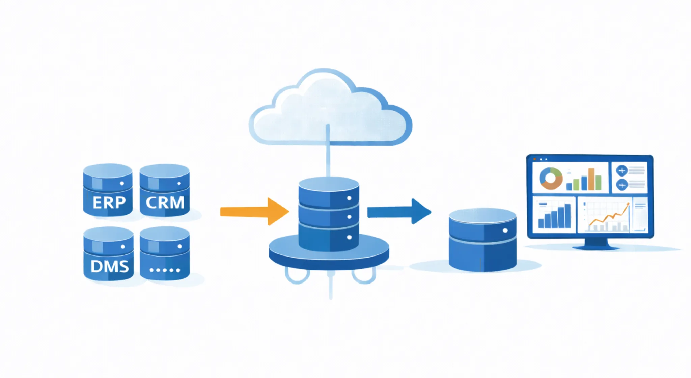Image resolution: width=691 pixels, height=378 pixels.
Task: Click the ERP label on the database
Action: (109, 202)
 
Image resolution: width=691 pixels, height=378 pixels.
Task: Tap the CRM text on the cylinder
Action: (165, 202)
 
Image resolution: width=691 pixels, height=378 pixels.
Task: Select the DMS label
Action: (110, 267)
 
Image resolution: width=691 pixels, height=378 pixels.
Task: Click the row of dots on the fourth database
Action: (165, 270)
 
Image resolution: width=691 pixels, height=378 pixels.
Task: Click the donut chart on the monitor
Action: (551, 178)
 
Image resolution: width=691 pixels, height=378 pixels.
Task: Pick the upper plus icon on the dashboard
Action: (621, 171)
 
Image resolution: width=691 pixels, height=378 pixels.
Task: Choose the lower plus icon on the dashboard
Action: (621, 185)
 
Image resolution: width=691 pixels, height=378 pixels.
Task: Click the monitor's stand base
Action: (596, 247)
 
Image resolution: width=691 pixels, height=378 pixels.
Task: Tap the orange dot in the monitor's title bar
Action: (534, 159)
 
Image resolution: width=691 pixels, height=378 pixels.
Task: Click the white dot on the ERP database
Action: (122, 184)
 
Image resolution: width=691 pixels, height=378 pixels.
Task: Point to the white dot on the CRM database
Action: (179, 184)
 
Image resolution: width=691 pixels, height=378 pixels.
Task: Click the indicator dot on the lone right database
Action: (505, 231)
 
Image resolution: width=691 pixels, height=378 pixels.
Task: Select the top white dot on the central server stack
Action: (349, 198)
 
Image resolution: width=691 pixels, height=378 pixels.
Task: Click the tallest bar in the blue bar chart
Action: (568, 216)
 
